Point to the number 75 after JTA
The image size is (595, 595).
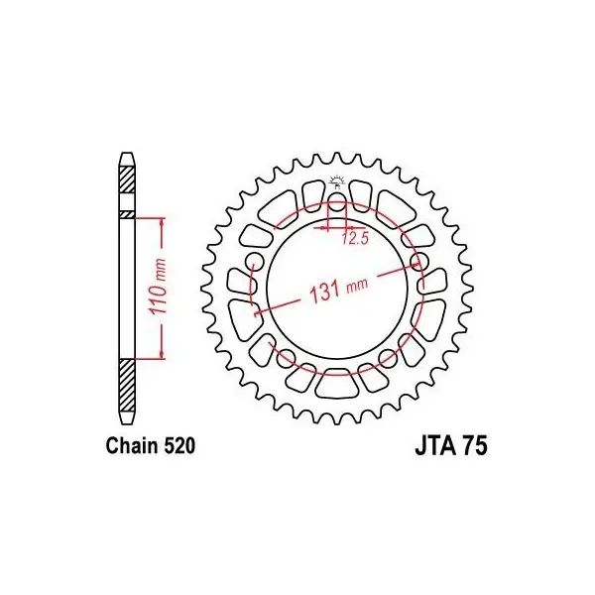(x=474, y=446)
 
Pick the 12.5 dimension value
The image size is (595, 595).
(x=354, y=238)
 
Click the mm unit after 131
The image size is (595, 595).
(x=357, y=284)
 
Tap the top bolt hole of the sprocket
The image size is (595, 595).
(x=336, y=202)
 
